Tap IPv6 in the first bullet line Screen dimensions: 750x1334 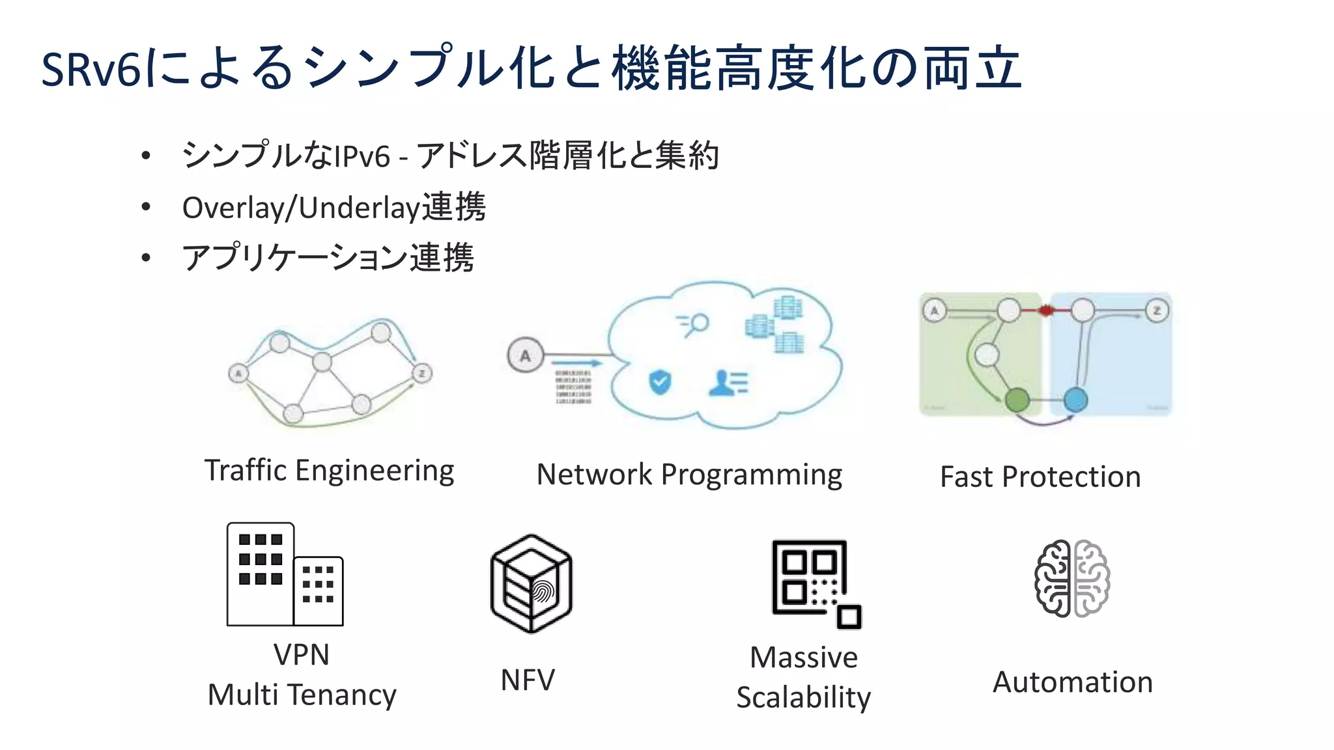(x=362, y=157)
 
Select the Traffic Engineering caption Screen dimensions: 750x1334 (x=329, y=471)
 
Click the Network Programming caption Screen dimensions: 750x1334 (x=689, y=475)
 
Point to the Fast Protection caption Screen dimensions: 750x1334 (x=1040, y=477)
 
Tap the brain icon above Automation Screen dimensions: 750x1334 (x=1072, y=578)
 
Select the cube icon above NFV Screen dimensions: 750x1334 (x=532, y=583)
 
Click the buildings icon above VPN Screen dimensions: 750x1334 (x=285, y=574)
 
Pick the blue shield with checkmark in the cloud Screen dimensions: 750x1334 (x=660, y=382)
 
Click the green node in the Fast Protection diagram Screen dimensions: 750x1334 (x=1017, y=400)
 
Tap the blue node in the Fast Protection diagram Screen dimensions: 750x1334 (x=1075, y=400)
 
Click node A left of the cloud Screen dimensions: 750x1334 (x=525, y=355)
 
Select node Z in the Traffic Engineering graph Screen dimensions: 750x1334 (x=422, y=373)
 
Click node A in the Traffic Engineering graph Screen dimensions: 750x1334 (x=238, y=374)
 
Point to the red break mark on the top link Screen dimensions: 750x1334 (x=1045, y=311)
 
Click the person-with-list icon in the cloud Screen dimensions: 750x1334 (x=728, y=383)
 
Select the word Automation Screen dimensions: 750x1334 (x=1072, y=682)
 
